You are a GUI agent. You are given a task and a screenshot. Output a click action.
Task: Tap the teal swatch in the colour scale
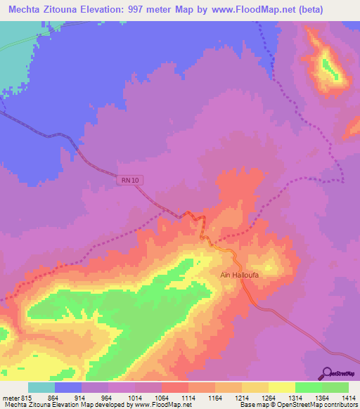pyautogui.click(x=41, y=387)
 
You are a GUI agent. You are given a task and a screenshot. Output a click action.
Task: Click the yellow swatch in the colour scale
pyautogui.click(x=281, y=387)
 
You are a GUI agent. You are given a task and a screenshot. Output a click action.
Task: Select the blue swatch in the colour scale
pyautogui.click(x=68, y=387)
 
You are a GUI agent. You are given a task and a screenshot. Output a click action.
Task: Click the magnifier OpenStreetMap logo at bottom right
pyautogui.click(x=326, y=372)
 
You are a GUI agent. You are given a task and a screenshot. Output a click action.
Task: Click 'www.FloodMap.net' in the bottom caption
pyautogui.click(x=161, y=405)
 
